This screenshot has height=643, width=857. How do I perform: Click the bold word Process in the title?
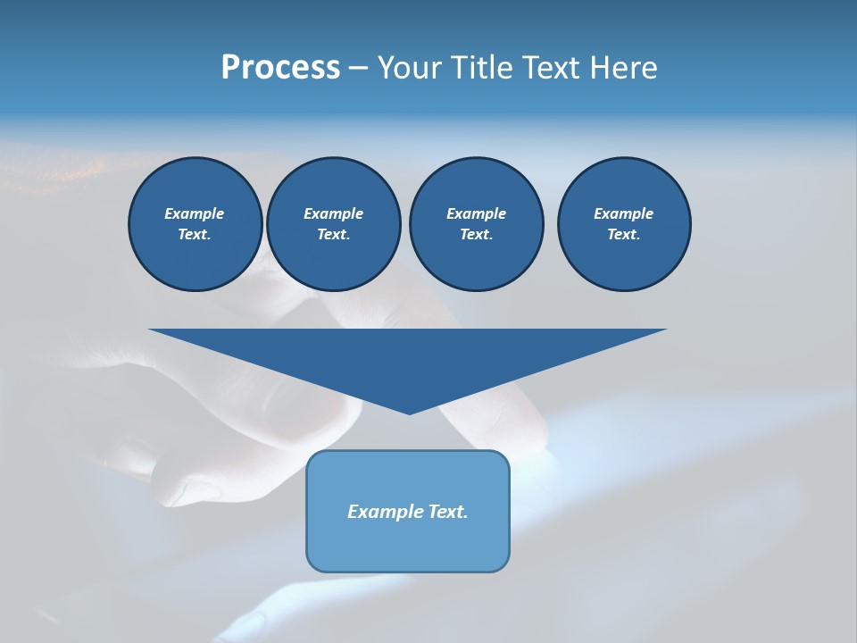(x=280, y=68)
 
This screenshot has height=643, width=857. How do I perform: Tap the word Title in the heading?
(x=480, y=68)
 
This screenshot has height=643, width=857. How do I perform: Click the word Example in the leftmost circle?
(x=195, y=213)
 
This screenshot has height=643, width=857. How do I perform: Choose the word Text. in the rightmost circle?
(x=624, y=234)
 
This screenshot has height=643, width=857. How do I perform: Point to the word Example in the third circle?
(x=476, y=213)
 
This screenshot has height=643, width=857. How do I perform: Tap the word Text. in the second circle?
(x=334, y=234)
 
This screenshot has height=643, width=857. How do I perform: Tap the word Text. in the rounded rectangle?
(x=448, y=512)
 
